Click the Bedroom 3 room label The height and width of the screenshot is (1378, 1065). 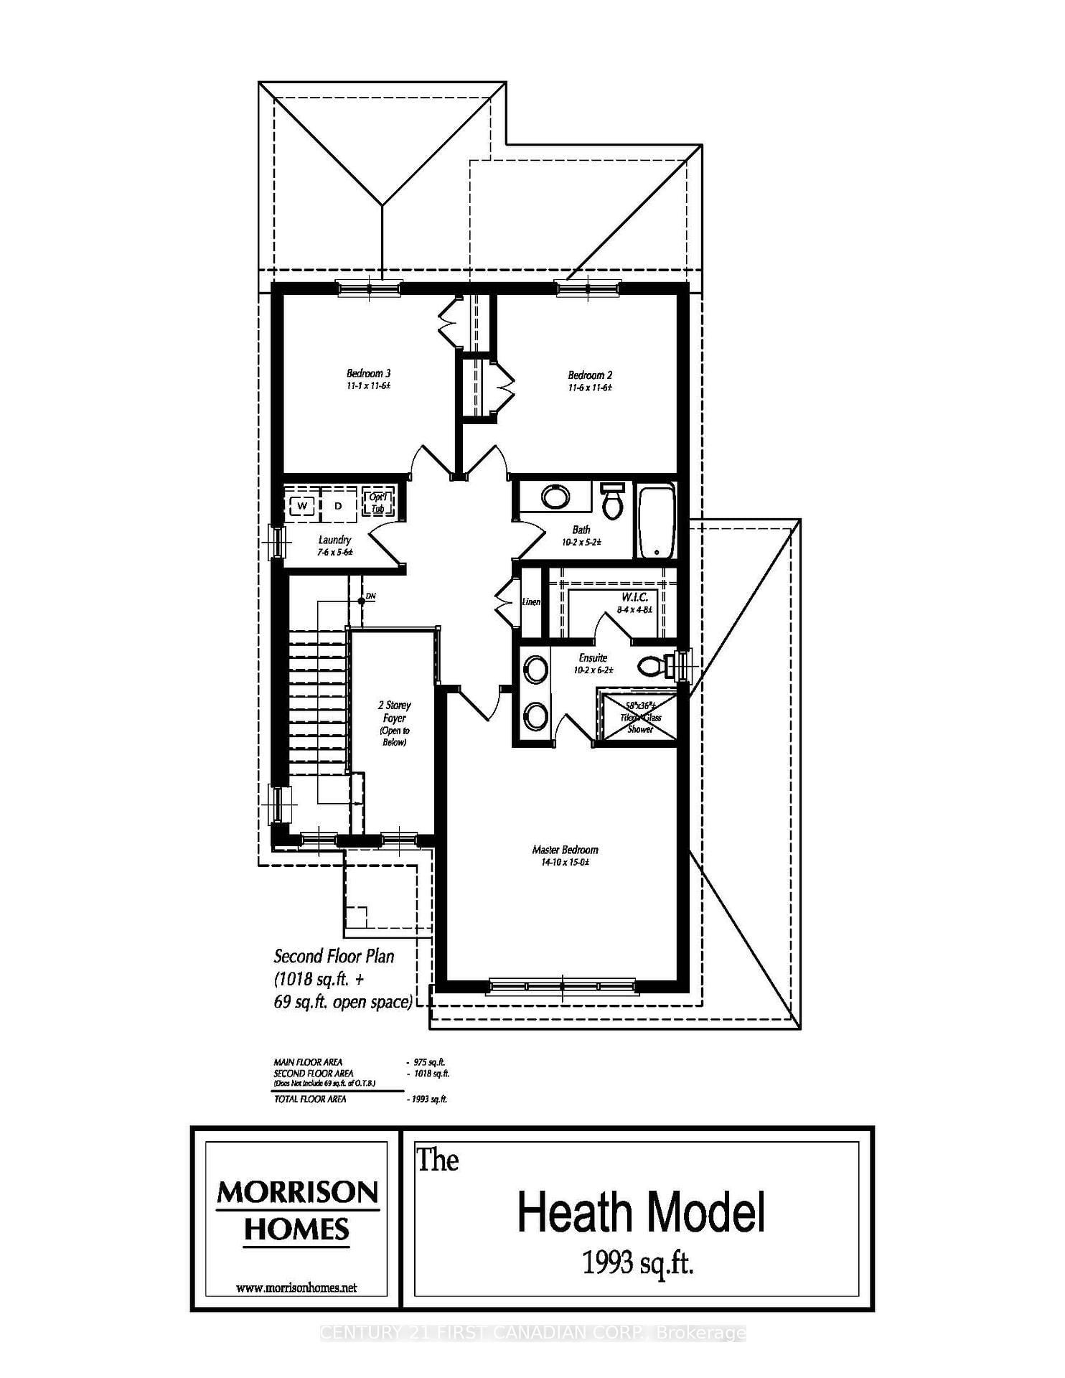click(x=368, y=373)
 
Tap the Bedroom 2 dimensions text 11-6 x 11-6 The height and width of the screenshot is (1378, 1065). click(x=590, y=388)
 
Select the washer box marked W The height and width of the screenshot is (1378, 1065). click(x=303, y=506)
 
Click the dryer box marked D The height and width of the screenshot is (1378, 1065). click(x=338, y=506)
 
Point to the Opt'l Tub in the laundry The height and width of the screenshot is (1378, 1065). click(x=377, y=502)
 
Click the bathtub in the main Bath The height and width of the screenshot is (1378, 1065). click(x=657, y=522)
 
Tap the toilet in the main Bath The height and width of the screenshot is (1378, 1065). click(x=612, y=502)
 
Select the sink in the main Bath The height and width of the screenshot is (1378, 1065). click(x=555, y=497)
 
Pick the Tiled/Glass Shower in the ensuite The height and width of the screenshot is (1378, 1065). click(x=639, y=717)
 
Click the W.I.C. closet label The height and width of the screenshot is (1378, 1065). click(x=635, y=597)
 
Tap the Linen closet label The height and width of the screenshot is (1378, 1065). click(x=531, y=601)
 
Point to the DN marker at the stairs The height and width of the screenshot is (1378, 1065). click(x=370, y=596)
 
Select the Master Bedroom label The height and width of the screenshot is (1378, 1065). click(x=565, y=850)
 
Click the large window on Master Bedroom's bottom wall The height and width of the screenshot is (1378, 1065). click(x=562, y=985)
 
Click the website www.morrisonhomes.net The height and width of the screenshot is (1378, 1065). click(x=296, y=1288)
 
